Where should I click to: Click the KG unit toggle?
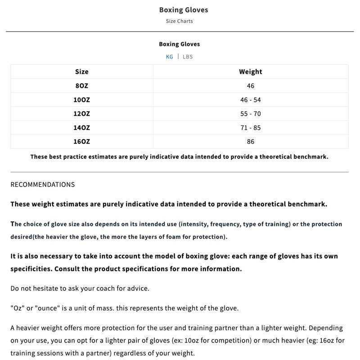[x=169, y=57]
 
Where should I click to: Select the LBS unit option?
[x=188, y=57]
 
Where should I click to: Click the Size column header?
[x=82, y=72]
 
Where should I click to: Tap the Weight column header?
[x=250, y=72]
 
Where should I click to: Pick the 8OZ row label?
[x=82, y=85]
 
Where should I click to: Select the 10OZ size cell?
[x=82, y=99]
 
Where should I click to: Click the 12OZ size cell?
[x=82, y=113]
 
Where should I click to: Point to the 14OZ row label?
[x=82, y=127]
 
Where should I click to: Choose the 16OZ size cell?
[x=82, y=141]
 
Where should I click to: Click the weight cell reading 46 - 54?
[x=250, y=99]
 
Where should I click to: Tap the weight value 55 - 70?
[x=250, y=113]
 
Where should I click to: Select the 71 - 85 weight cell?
[x=250, y=127]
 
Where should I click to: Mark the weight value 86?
[x=250, y=141]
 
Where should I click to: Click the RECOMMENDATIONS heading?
[x=43, y=184]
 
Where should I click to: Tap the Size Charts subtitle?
[x=180, y=21]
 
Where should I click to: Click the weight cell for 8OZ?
[x=250, y=85]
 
